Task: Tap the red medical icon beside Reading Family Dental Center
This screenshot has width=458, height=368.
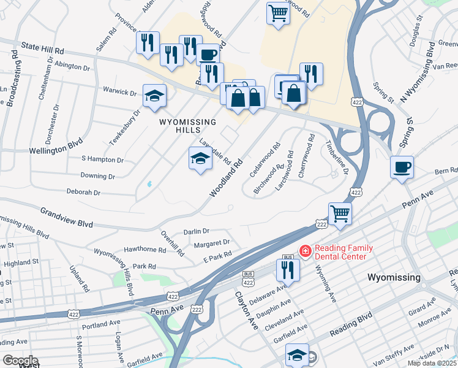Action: (x=304, y=251)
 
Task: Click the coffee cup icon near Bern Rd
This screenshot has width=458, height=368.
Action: (x=402, y=167)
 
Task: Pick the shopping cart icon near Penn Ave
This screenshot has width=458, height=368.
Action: (x=340, y=213)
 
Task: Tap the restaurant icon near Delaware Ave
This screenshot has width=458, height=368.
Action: (x=285, y=269)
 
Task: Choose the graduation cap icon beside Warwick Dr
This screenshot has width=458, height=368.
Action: (x=154, y=95)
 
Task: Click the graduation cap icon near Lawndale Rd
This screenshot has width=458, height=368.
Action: (x=200, y=159)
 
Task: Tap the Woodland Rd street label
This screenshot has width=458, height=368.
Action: (x=227, y=178)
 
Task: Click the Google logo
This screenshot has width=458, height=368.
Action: (x=20, y=360)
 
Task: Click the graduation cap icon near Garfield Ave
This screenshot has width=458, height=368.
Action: (x=297, y=354)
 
